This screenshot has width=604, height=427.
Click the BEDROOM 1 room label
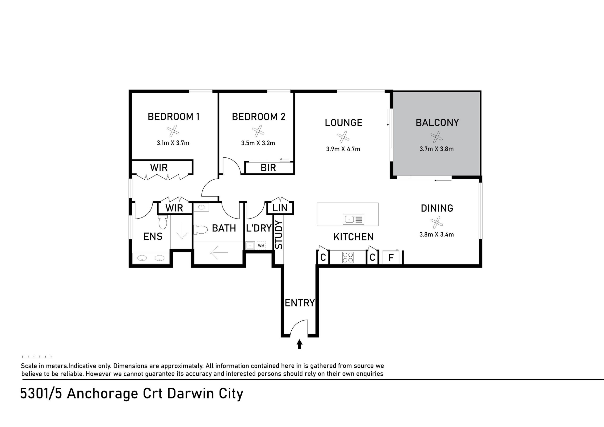click(173, 116)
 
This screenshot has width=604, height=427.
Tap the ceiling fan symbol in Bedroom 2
click(258, 131)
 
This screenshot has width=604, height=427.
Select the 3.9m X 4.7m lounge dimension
click(343, 149)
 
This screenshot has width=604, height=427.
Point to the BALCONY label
click(437, 123)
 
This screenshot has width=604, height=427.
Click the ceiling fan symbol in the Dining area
click(436, 222)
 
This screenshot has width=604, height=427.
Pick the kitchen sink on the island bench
click(353, 219)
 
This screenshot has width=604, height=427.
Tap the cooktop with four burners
click(348, 257)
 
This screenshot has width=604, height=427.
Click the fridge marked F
click(391, 257)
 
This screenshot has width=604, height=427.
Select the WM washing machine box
click(261, 246)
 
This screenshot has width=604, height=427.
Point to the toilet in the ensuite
click(163, 222)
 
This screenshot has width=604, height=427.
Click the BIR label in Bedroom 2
click(268, 168)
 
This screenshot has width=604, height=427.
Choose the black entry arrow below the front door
click(299, 344)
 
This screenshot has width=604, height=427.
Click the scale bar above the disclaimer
click(37, 357)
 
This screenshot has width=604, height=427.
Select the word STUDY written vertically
click(279, 235)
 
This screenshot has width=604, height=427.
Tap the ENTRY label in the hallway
click(300, 303)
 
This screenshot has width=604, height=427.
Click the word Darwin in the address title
click(191, 394)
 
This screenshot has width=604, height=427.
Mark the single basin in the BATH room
click(201, 207)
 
